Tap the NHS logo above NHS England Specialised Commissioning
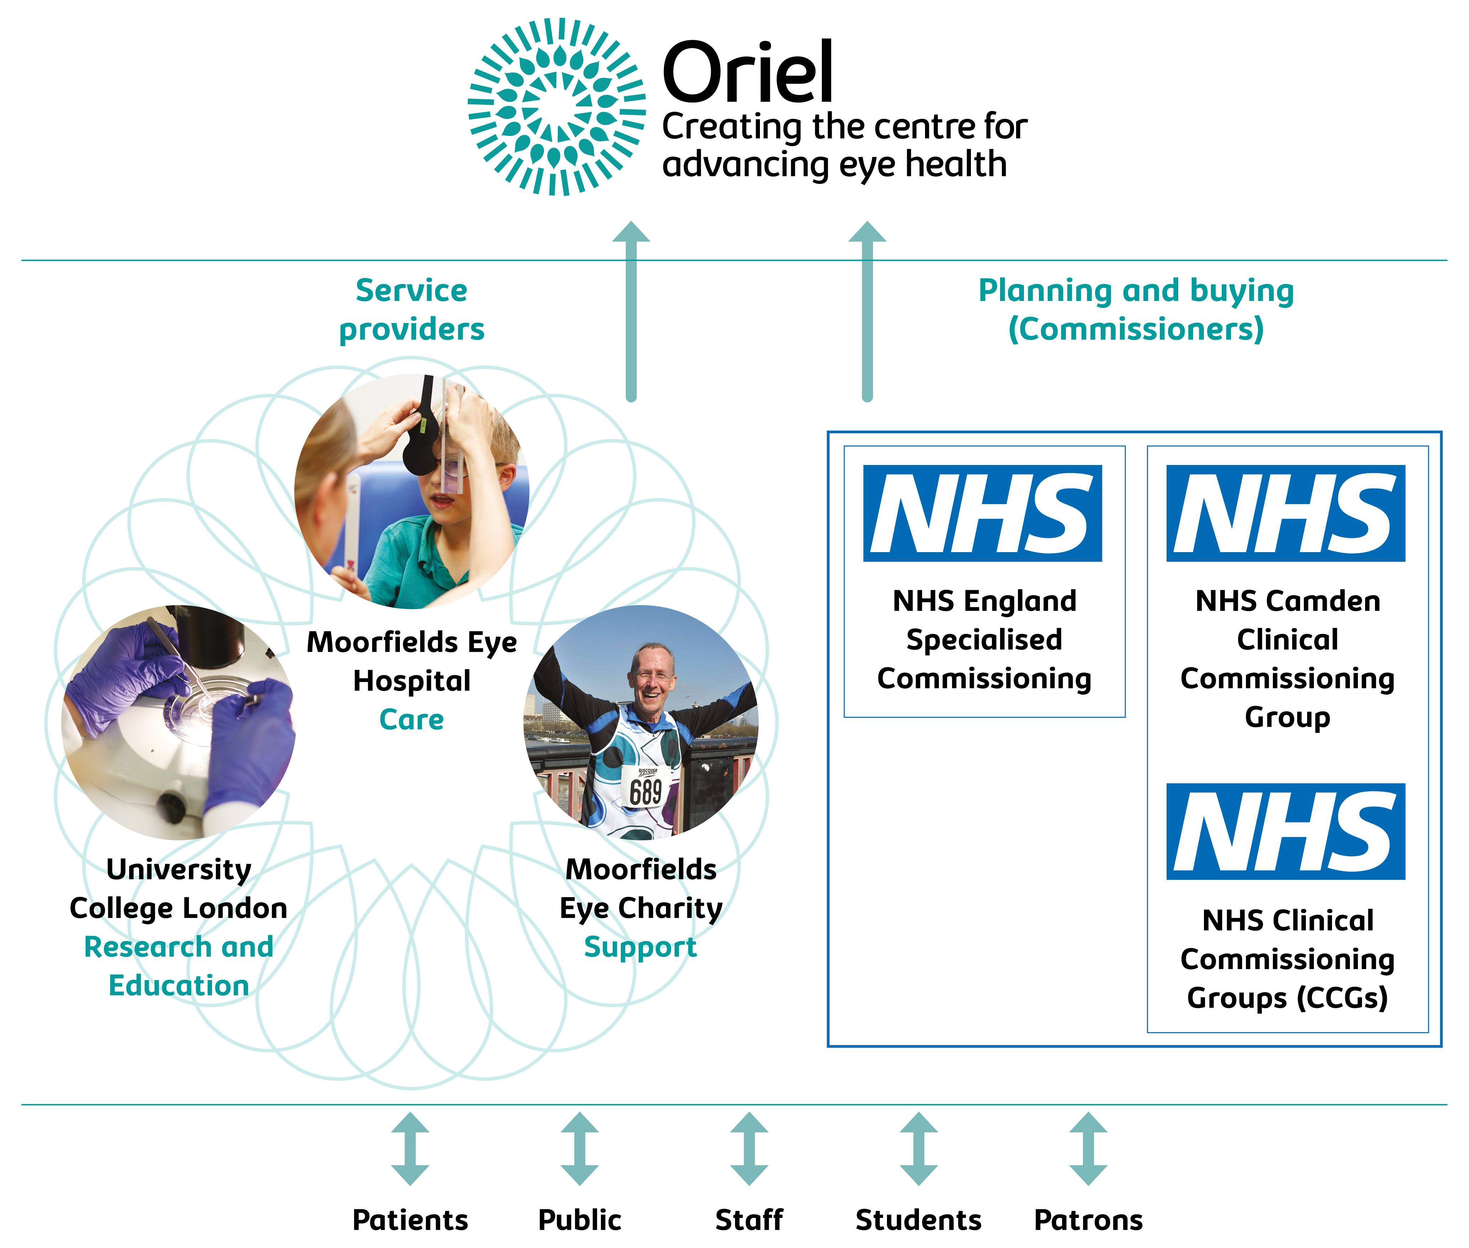(982, 513)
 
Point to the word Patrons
(1088, 1220)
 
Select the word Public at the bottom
(580, 1220)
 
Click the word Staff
(749, 1220)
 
